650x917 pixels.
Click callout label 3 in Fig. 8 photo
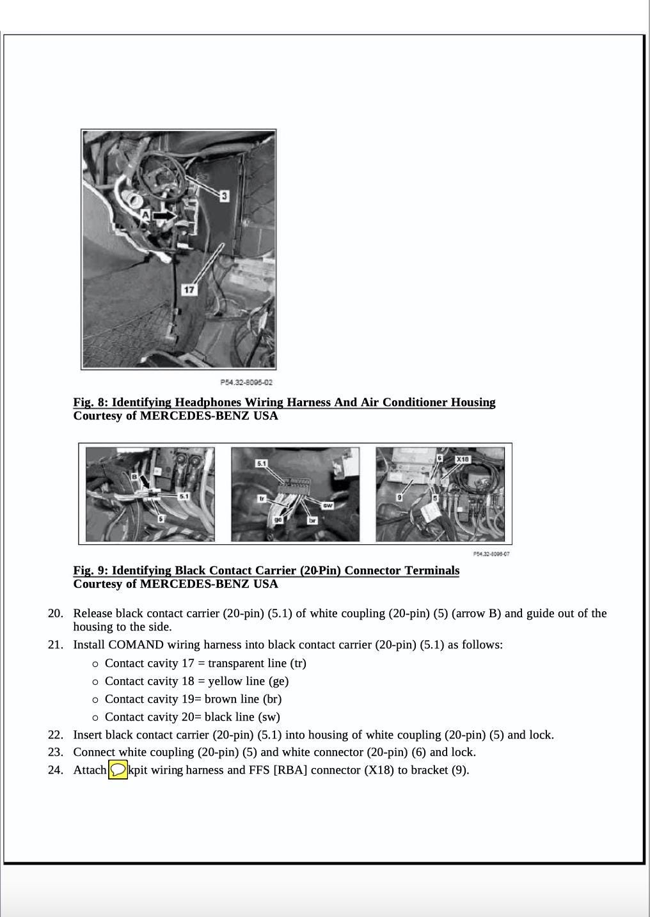click(224, 196)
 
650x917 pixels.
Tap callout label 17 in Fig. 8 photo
click(189, 290)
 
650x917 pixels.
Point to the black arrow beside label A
click(164, 216)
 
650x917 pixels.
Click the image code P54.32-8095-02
click(246, 382)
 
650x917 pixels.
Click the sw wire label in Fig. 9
click(328, 505)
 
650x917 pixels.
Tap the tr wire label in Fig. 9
click(262, 498)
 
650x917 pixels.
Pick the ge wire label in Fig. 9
click(278, 520)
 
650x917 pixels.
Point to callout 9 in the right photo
click(399, 497)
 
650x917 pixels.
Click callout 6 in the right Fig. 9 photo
click(440, 458)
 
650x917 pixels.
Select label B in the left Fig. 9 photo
click(134, 476)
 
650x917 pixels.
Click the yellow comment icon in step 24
click(118, 770)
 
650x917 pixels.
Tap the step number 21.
click(56, 645)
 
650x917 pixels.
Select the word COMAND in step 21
click(136, 645)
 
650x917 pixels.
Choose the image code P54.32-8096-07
click(491, 554)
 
